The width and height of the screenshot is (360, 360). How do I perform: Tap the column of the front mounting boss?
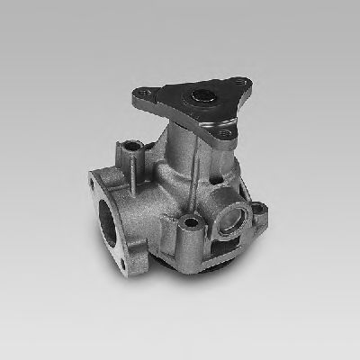coord(191,241)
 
